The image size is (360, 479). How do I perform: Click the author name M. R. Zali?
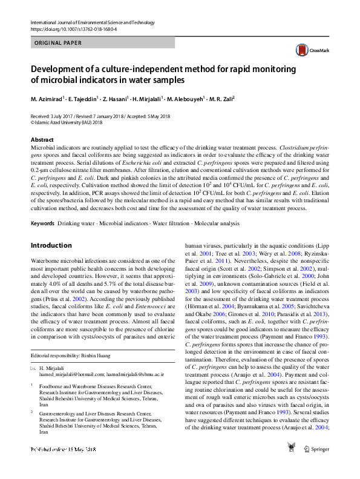(219, 99)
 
